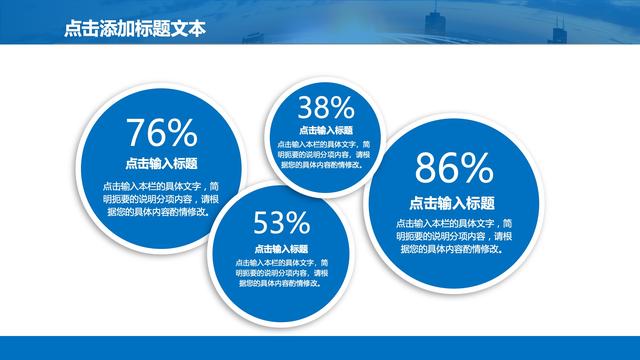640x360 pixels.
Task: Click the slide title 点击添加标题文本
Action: click(x=133, y=30)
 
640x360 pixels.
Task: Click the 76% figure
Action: click(x=161, y=134)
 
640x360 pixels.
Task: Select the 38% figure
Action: click(x=326, y=107)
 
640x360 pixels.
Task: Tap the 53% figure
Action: click(x=281, y=221)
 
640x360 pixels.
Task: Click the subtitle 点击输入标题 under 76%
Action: click(x=161, y=164)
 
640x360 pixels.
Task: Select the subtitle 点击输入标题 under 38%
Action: click(x=326, y=130)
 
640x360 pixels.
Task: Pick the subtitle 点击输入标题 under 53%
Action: click(x=281, y=248)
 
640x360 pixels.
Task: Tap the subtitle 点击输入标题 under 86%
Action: click(x=454, y=200)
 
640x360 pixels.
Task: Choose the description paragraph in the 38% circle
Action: click(x=326, y=154)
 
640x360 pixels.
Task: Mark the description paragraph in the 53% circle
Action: click(x=281, y=272)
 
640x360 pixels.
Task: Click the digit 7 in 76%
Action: click(x=137, y=134)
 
